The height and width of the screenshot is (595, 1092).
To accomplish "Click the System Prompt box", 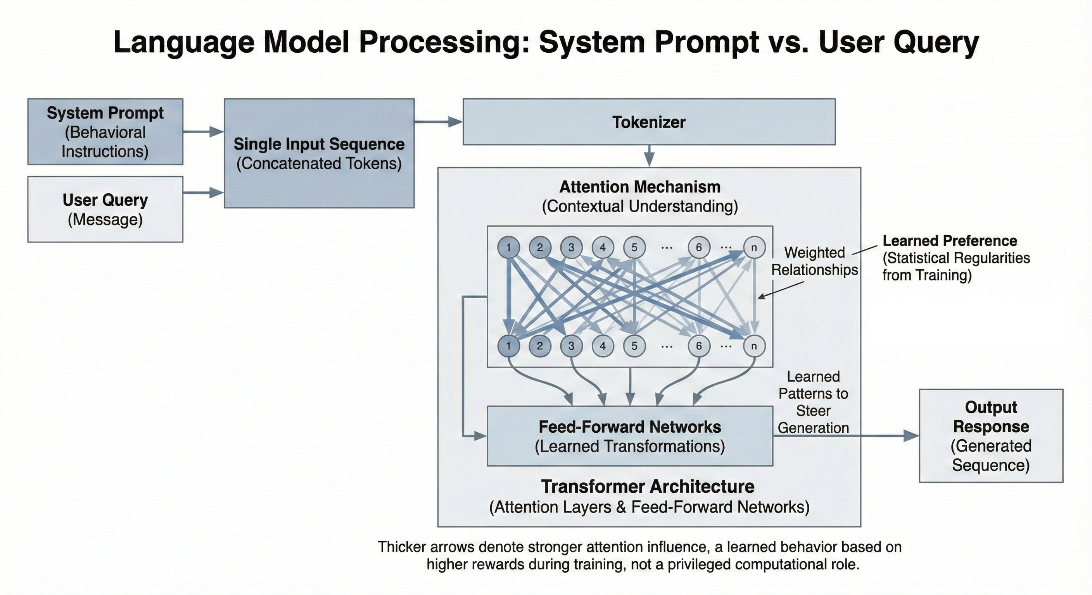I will coord(105,132).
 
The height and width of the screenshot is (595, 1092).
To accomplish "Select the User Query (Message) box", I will coord(105,209).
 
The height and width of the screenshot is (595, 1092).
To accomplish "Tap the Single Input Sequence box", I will coord(319,153).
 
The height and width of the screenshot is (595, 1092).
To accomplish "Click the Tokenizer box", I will coord(649,122).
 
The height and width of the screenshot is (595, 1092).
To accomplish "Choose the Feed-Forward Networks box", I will coord(629,436).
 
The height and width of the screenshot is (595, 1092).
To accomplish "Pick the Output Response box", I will coord(991,435).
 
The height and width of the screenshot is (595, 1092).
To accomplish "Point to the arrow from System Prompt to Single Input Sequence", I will coord(203,132).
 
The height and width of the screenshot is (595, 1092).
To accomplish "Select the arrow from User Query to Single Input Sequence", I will coord(203,193).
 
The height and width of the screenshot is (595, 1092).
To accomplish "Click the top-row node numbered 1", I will coord(508,247).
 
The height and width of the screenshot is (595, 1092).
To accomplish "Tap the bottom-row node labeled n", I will coord(754,346).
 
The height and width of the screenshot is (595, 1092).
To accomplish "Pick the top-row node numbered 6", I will coord(699,247).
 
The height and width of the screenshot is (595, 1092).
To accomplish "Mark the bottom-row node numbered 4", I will coord(603,346).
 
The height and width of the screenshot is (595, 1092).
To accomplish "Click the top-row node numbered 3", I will coord(571,247).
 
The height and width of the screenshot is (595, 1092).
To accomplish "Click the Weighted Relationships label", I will coord(814,261).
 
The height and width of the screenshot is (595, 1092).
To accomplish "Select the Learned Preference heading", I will coord(950,241).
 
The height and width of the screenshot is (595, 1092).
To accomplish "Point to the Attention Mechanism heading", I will coord(640,187).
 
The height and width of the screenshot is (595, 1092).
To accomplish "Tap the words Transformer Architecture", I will coord(648,487).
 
